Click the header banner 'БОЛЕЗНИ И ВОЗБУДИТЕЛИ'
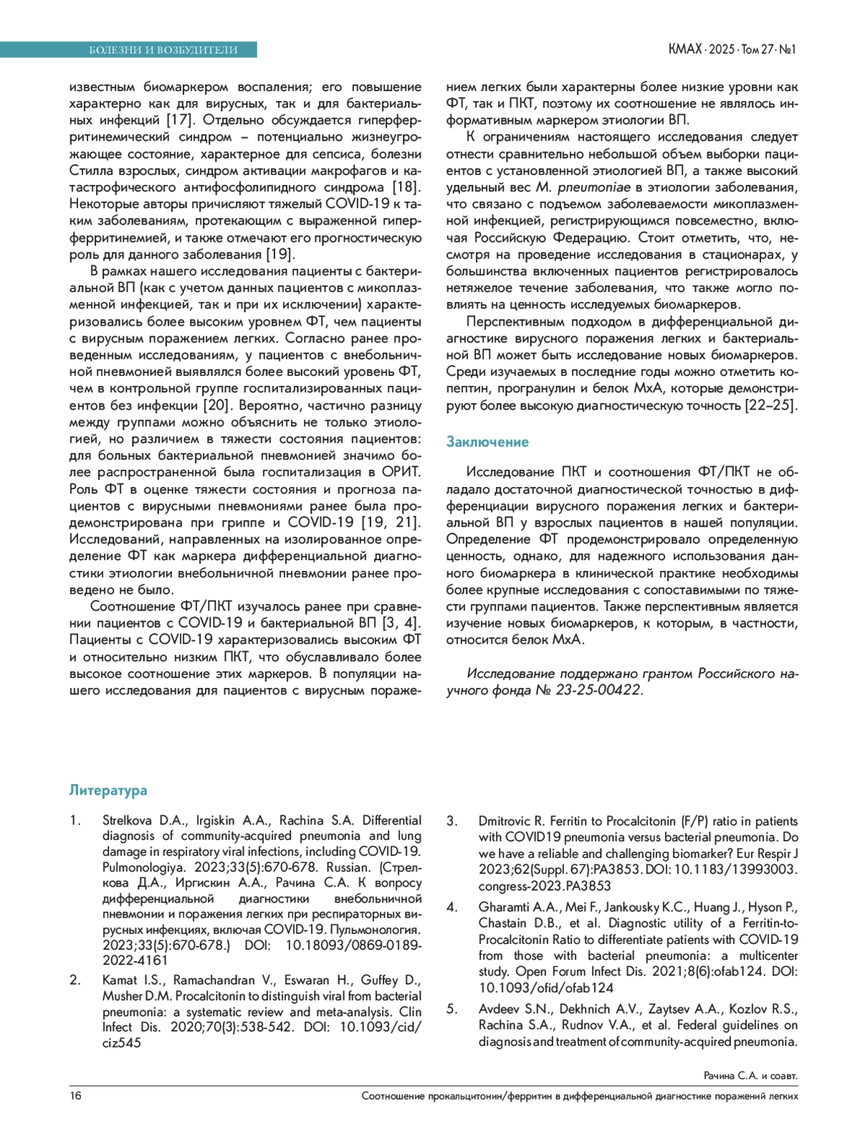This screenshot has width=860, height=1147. (163, 49)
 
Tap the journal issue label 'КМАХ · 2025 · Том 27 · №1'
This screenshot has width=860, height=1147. (732, 49)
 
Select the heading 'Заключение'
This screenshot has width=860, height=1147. (487, 442)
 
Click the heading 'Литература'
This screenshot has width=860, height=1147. (108, 790)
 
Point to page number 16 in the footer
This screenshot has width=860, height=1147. (75, 1095)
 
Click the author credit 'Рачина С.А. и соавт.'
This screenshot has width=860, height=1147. (750, 1076)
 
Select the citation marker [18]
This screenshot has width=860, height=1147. (406, 187)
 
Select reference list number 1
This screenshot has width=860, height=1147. (75, 820)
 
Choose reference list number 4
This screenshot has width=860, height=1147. (451, 907)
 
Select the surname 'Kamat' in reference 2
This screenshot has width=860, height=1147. (119, 980)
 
